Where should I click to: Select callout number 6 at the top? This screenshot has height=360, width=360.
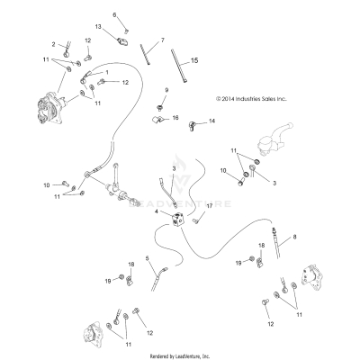[x=115, y=15]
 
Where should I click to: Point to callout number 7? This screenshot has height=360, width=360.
[x=162, y=40]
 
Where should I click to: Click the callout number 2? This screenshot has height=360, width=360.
[x=53, y=44]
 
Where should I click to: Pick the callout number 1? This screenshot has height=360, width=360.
[x=107, y=71]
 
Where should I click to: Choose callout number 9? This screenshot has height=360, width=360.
[x=166, y=91]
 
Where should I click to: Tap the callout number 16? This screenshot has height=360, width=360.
[x=175, y=118]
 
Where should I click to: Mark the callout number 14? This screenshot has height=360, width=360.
[x=212, y=121]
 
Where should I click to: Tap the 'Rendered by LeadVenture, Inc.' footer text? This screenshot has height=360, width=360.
[x=180, y=355]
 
